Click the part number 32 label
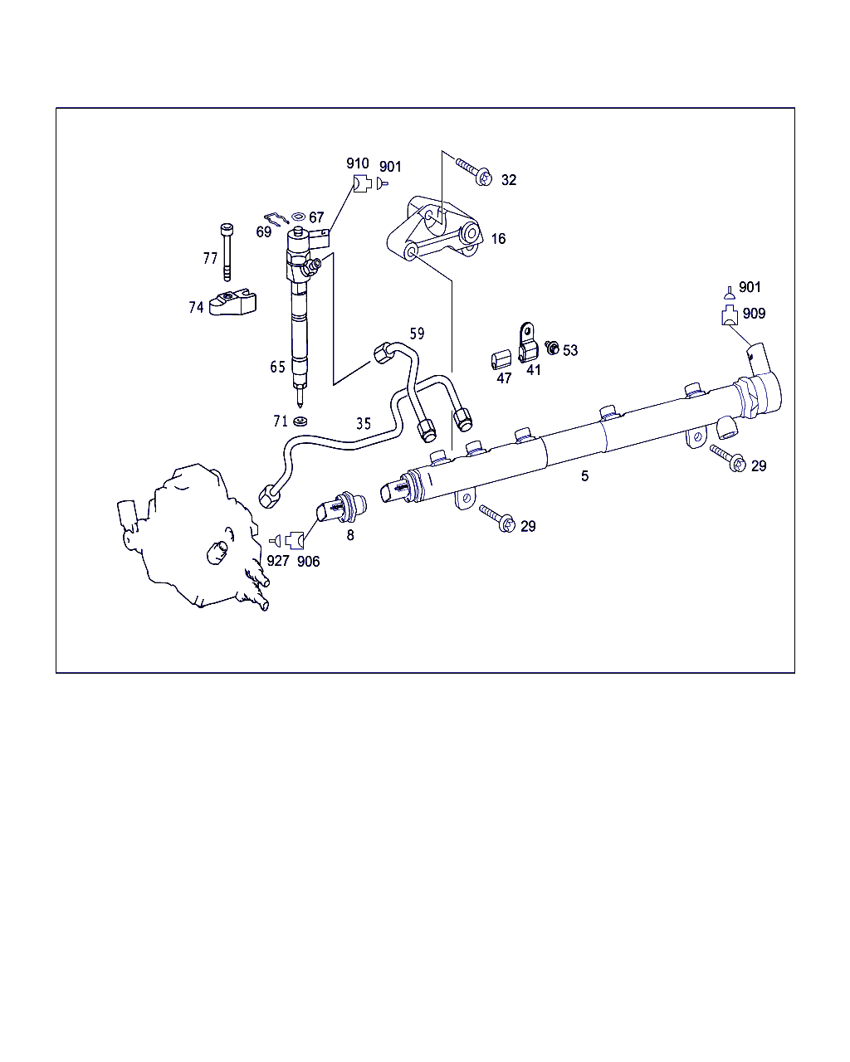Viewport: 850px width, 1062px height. tap(509, 180)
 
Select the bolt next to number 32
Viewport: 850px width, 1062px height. tap(474, 171)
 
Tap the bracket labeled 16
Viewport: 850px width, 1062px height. tap(433, 228)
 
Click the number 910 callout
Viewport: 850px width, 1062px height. tap(358, 163)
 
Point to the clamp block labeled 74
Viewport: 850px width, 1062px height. tap(232, 303)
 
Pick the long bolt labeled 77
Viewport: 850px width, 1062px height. tap(227, 252)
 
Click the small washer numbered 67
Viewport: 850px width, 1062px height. tap(298, 217)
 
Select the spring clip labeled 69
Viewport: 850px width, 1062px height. tap(276, 218)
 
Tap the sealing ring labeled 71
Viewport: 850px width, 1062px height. tap(300, 421)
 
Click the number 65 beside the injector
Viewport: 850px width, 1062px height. tap(277, 367)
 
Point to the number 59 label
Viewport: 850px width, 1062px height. tap(417, 334)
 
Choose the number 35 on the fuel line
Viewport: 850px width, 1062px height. tap(364, 423)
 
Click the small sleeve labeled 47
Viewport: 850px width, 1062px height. tap(501, 359)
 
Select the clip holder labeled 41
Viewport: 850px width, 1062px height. tap(527, 343)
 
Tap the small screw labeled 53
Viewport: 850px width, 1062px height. tap(552, 348)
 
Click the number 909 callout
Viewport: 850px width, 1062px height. tap(754, 314)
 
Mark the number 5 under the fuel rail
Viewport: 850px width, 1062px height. tap(584, 475)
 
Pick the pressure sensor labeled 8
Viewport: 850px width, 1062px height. tap(342, 507)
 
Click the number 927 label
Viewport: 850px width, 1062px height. tap(277, 561)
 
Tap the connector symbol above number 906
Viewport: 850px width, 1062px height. tap(296, 541)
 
